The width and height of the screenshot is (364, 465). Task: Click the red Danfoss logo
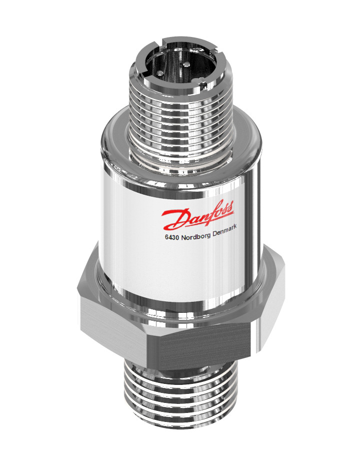(197, 215)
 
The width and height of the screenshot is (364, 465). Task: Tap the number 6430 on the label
(172, 238)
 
